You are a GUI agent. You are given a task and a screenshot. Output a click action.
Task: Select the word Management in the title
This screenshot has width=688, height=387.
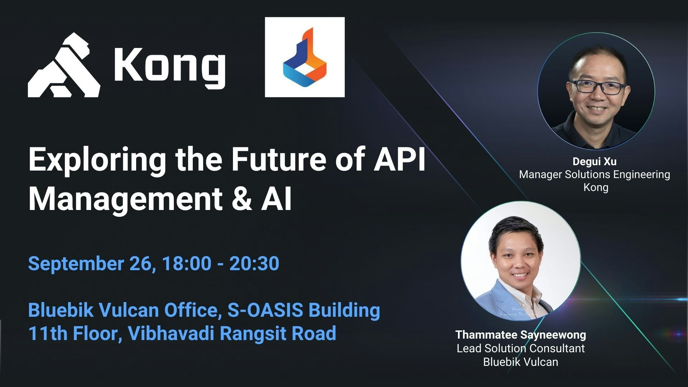[125, 200]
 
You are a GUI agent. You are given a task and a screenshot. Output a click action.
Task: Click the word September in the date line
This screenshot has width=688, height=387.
[76, 264]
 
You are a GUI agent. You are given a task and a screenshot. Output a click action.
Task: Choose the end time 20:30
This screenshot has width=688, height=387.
[254, 263]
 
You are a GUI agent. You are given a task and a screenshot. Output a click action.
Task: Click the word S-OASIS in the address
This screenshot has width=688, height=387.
[266, 310]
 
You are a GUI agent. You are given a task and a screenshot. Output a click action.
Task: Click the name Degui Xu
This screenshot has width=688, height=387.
[594, 162]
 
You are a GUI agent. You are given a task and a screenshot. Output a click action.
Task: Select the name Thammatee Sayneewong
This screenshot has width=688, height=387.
[521, 335]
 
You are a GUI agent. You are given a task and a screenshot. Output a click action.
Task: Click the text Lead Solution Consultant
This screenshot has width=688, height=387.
[521, 348]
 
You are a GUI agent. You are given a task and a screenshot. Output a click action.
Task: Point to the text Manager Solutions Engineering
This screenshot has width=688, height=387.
[594, 175]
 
